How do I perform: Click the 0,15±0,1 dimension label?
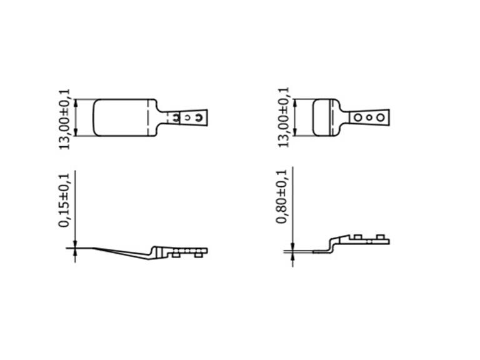point(64,200)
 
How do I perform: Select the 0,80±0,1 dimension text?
point(282,196)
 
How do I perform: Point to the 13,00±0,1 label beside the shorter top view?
point(283,117)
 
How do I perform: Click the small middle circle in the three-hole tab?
point(369,117)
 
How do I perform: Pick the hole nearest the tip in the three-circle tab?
point(380,117)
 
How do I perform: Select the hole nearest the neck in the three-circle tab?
point(357,117)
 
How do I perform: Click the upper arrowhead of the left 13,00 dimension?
point(76,103)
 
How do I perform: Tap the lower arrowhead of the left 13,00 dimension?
point(76,132)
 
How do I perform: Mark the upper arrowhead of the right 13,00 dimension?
point(295,103)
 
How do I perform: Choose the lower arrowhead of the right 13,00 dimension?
point(295,132)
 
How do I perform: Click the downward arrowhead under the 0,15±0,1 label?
point(76,244)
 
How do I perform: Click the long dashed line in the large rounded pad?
point(148,117)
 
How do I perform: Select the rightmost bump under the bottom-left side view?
point(198,255)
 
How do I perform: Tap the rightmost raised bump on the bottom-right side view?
point(380,237)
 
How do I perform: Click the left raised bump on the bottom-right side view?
point(357,237)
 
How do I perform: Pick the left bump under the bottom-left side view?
point(176,255)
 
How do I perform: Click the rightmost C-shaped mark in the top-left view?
point(199,117)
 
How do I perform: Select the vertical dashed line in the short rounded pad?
point(332,117)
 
